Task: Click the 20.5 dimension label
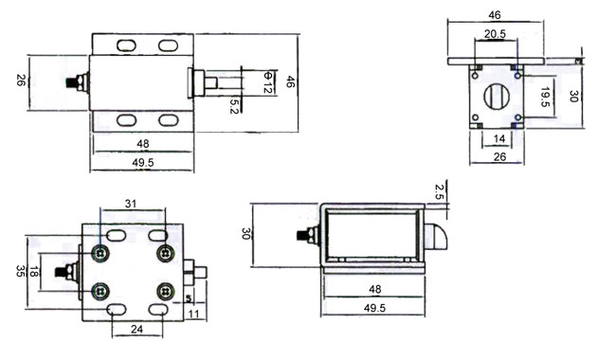pos(495,34)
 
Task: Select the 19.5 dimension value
pos(545,97)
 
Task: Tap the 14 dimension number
pos(499,139)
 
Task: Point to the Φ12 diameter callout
pos(268,81)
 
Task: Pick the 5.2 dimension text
pos(234,106)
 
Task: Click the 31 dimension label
pos(131,204)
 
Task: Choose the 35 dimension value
pos(20,271)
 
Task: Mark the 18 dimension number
pos(34,272)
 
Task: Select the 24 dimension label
pos(136,329)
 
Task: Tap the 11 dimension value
pos(194,315)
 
